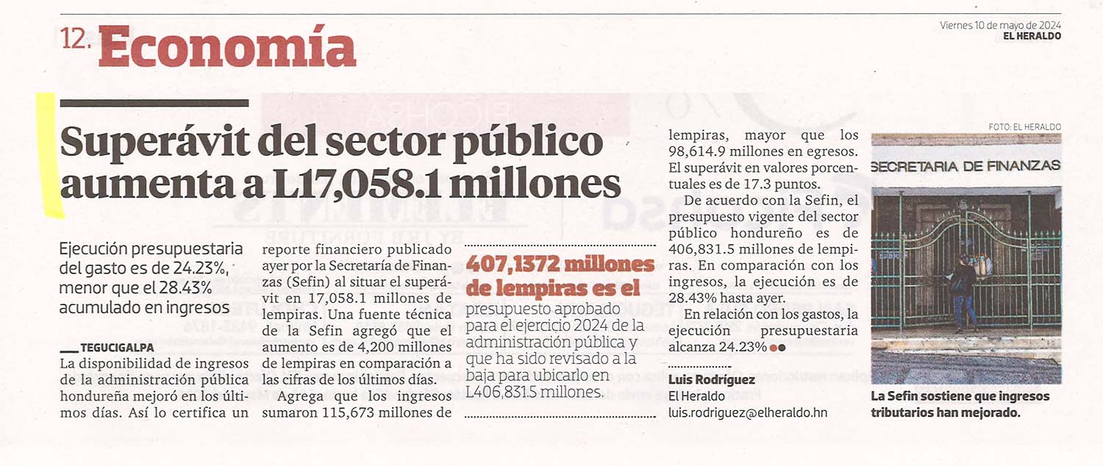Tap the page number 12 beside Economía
(x=73, y=38)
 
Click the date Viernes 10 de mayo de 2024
(x=1000, y=26)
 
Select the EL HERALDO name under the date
(x=1032, y=37)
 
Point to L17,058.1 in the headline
(x=357, y=184)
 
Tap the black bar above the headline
(x=154, y=104)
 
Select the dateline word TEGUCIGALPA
(x=117, y=348)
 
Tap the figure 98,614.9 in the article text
(x=699, y=151)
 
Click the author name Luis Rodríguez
(x=712, y=380)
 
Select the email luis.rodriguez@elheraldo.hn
(x=748, y=413)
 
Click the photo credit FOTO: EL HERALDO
(x=1025, y=127)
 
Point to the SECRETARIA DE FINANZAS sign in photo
(x=965, y=166)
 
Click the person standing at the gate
(x=962, y=293)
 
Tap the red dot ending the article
(x=773, y=348)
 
